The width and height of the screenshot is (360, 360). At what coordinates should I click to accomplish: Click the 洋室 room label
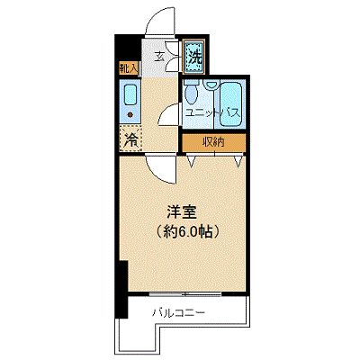182,212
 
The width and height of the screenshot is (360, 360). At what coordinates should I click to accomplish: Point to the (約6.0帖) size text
186,231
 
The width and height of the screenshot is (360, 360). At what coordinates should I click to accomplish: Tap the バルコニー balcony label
179,313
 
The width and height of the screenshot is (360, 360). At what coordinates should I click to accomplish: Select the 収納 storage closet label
213,141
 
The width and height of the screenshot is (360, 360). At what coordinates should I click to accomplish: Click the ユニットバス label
212,113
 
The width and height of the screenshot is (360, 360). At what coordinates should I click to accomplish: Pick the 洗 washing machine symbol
193,56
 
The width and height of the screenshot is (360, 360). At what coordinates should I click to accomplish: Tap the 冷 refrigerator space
130,138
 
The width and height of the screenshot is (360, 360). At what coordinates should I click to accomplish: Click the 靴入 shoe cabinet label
129,68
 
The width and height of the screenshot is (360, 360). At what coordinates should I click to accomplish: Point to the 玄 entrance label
159,56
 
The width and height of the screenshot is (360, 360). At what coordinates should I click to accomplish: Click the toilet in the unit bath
191,92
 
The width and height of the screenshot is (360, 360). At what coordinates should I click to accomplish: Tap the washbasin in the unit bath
211,84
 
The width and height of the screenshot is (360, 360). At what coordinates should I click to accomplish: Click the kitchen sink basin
130,95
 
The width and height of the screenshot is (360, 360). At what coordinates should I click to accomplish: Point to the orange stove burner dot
130,114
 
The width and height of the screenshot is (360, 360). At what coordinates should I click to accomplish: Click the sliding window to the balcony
185,294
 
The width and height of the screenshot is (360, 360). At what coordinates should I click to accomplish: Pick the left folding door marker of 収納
191,160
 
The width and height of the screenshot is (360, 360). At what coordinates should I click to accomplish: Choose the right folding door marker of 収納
238,161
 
